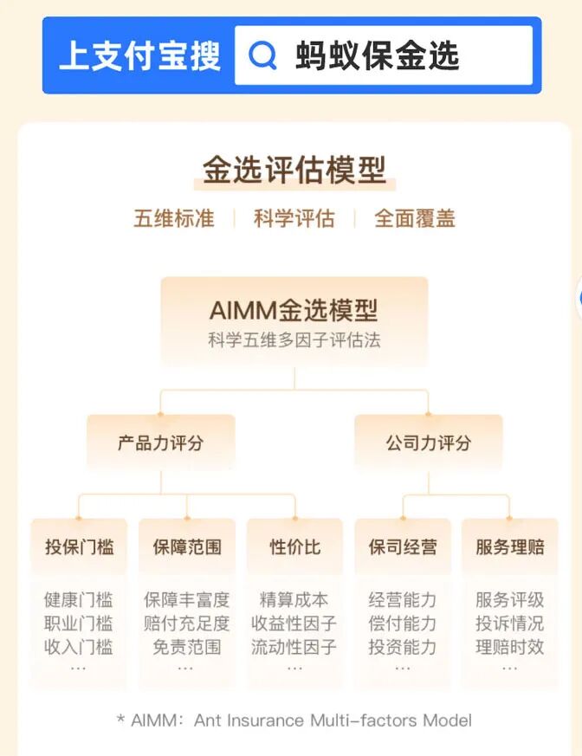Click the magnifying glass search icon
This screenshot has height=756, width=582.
262,55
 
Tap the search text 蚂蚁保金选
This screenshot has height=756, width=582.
377,55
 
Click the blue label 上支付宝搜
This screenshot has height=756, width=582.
139,55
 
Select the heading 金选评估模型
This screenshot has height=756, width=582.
294,170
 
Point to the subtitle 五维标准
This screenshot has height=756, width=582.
173,218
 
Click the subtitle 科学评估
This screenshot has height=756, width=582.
294,218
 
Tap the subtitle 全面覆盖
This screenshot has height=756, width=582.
414,218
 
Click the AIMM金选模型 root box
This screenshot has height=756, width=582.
294,321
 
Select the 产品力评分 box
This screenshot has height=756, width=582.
160,443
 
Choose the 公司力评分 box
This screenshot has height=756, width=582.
428,443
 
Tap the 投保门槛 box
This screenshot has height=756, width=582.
79,546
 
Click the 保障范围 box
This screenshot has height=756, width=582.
186,546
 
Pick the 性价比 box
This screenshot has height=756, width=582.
294,546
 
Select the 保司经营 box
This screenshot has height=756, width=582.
402,546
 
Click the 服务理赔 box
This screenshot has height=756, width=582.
509,546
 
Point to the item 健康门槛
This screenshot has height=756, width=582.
79,599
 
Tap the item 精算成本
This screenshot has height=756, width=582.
294,599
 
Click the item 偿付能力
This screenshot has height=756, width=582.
402,623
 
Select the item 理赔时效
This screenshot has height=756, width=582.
509,646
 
